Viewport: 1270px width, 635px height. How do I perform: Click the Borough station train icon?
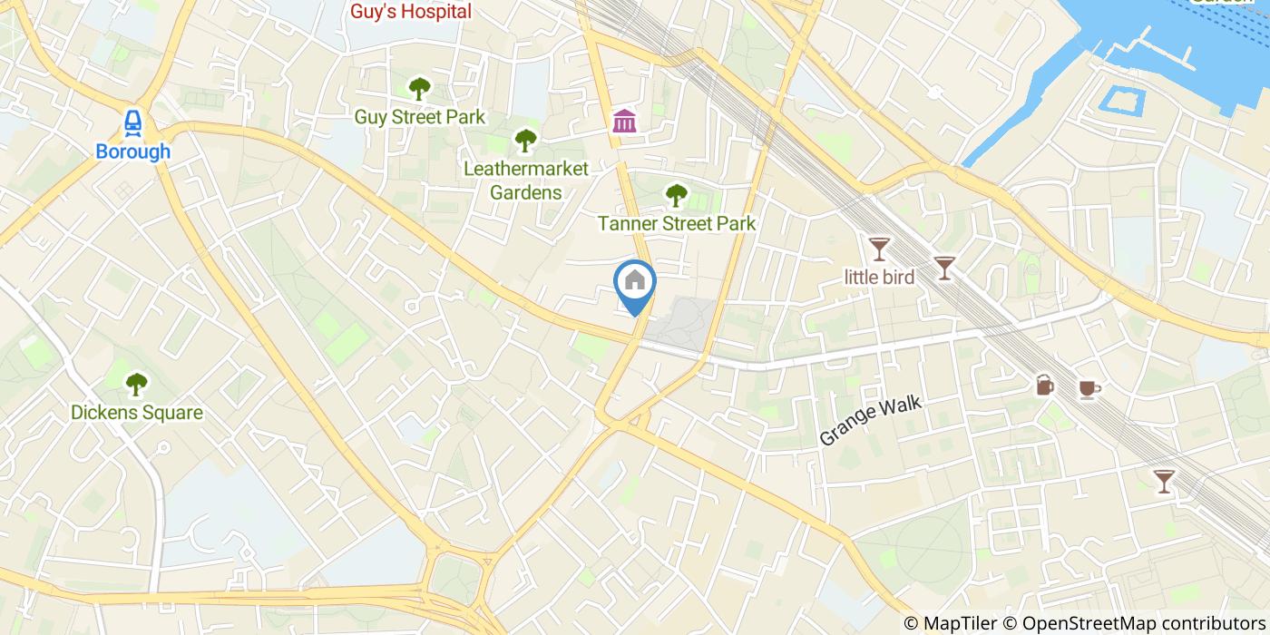point(133,122)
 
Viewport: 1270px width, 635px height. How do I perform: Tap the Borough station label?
point(133,151)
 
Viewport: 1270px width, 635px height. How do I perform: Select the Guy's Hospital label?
point(411,12)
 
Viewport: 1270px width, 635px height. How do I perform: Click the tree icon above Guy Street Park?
point(419,89)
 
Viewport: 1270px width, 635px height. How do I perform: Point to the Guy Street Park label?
point(419,117)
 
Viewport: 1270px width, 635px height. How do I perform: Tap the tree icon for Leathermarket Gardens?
point(525,141)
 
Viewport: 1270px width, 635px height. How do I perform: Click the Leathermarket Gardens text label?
point(525,181)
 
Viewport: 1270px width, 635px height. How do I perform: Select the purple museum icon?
point(624,121)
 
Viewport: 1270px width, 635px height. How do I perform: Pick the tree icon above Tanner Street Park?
point(676,194)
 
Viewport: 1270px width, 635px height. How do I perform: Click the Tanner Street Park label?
point(676,223)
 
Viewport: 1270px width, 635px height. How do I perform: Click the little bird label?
point(879,278)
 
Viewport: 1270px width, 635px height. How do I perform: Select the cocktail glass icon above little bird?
point(879,248)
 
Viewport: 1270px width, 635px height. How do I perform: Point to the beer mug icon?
point(1045,386)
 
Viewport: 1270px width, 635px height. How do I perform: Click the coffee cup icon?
point(1089,389)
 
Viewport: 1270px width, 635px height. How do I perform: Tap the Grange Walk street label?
point(870,420)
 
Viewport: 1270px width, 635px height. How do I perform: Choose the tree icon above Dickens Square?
point(137,385)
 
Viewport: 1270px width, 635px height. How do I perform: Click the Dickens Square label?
point(137,414)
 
